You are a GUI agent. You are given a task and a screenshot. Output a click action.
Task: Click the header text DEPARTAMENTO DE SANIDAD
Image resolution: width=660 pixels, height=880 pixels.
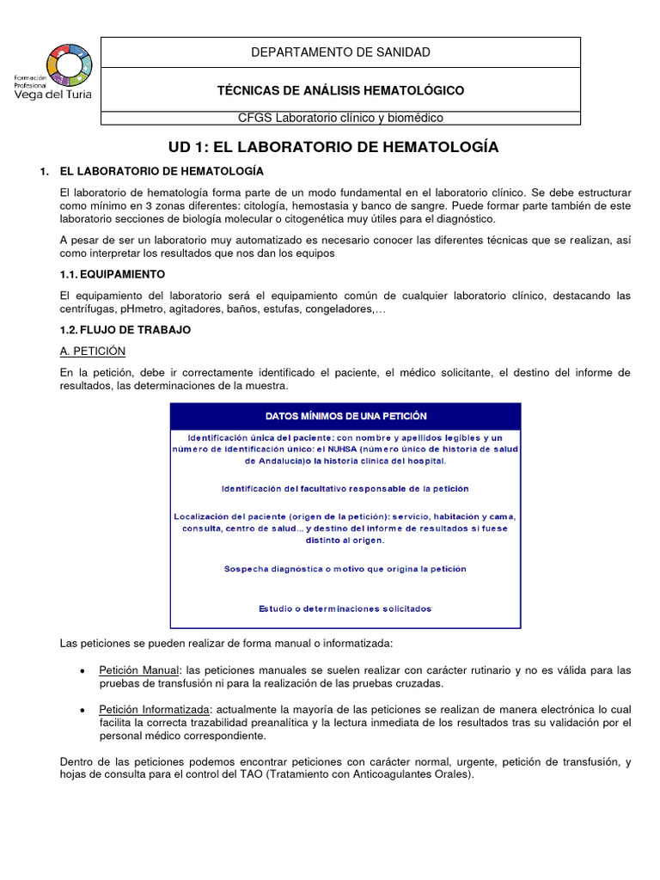340,52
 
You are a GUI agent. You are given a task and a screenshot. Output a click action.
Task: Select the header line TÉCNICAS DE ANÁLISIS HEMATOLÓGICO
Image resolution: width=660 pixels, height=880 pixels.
340,90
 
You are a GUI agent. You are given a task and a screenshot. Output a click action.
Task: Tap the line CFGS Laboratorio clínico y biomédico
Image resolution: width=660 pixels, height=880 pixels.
340,118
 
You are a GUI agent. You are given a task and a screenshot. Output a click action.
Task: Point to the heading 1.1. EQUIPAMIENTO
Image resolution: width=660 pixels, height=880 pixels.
112,273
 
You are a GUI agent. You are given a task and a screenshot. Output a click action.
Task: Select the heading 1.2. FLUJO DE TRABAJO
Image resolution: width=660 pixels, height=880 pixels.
125,329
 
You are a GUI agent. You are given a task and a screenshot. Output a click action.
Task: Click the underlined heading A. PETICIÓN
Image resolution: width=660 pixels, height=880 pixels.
93,351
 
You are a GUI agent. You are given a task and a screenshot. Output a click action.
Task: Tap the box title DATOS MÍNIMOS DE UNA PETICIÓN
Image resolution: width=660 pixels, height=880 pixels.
345,416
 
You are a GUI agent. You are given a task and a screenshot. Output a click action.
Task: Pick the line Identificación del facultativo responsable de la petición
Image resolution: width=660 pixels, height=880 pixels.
345,488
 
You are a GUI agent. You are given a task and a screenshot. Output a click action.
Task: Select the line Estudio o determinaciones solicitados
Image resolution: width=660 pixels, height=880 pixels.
345,608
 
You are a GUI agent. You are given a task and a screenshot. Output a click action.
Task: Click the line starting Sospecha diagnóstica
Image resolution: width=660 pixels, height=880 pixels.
345,569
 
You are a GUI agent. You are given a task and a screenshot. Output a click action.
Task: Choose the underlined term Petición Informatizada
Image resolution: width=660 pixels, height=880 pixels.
154,709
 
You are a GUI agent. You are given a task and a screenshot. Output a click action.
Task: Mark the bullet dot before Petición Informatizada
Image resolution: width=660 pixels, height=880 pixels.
81,710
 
